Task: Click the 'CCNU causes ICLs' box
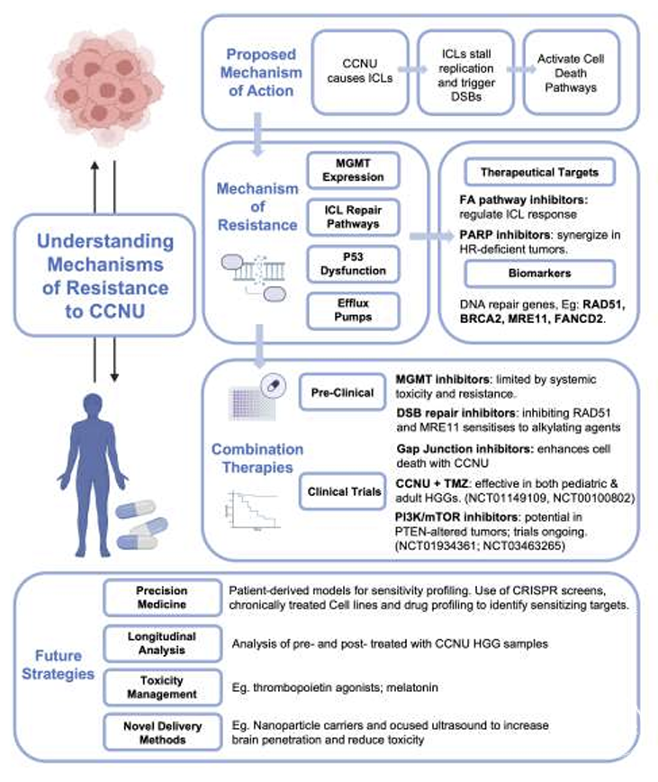360,72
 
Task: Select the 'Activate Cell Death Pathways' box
571,72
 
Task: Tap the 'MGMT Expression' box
353,171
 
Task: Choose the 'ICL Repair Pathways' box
353,217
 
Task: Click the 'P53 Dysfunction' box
353,264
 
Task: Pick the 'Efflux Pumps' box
353,310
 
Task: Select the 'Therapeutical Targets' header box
539,173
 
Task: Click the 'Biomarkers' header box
539,274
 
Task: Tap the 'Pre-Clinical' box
342,392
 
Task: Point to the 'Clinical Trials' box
343,491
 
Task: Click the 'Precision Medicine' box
162,598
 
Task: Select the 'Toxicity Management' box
162,688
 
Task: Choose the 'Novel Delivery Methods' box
162,733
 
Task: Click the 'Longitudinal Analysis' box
162,643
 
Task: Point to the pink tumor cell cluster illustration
105,87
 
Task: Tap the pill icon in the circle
274,385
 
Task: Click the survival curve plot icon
252,509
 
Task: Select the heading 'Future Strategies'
58,665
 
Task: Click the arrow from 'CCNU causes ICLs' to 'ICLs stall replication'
413,70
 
